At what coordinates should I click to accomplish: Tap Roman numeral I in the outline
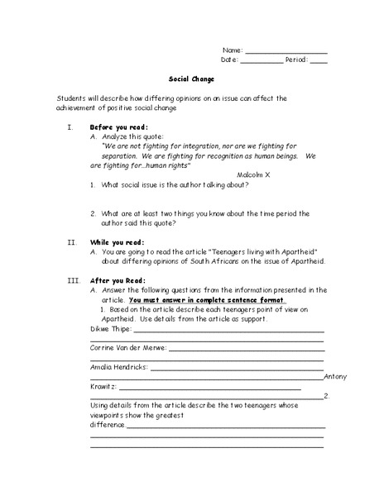[70, 127]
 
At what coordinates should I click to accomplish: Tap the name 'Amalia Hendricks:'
[119, 366]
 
